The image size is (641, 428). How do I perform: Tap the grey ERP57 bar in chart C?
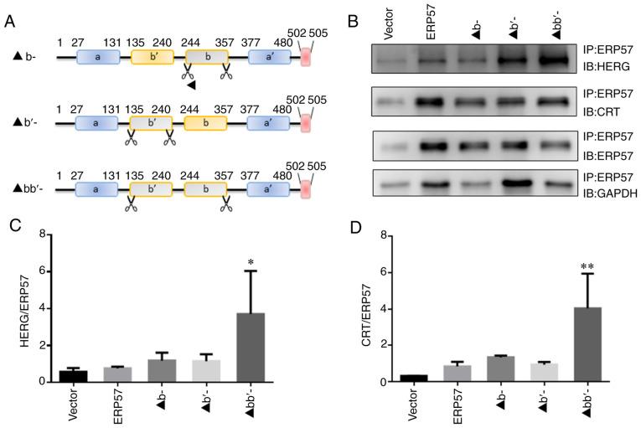[124, 374]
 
